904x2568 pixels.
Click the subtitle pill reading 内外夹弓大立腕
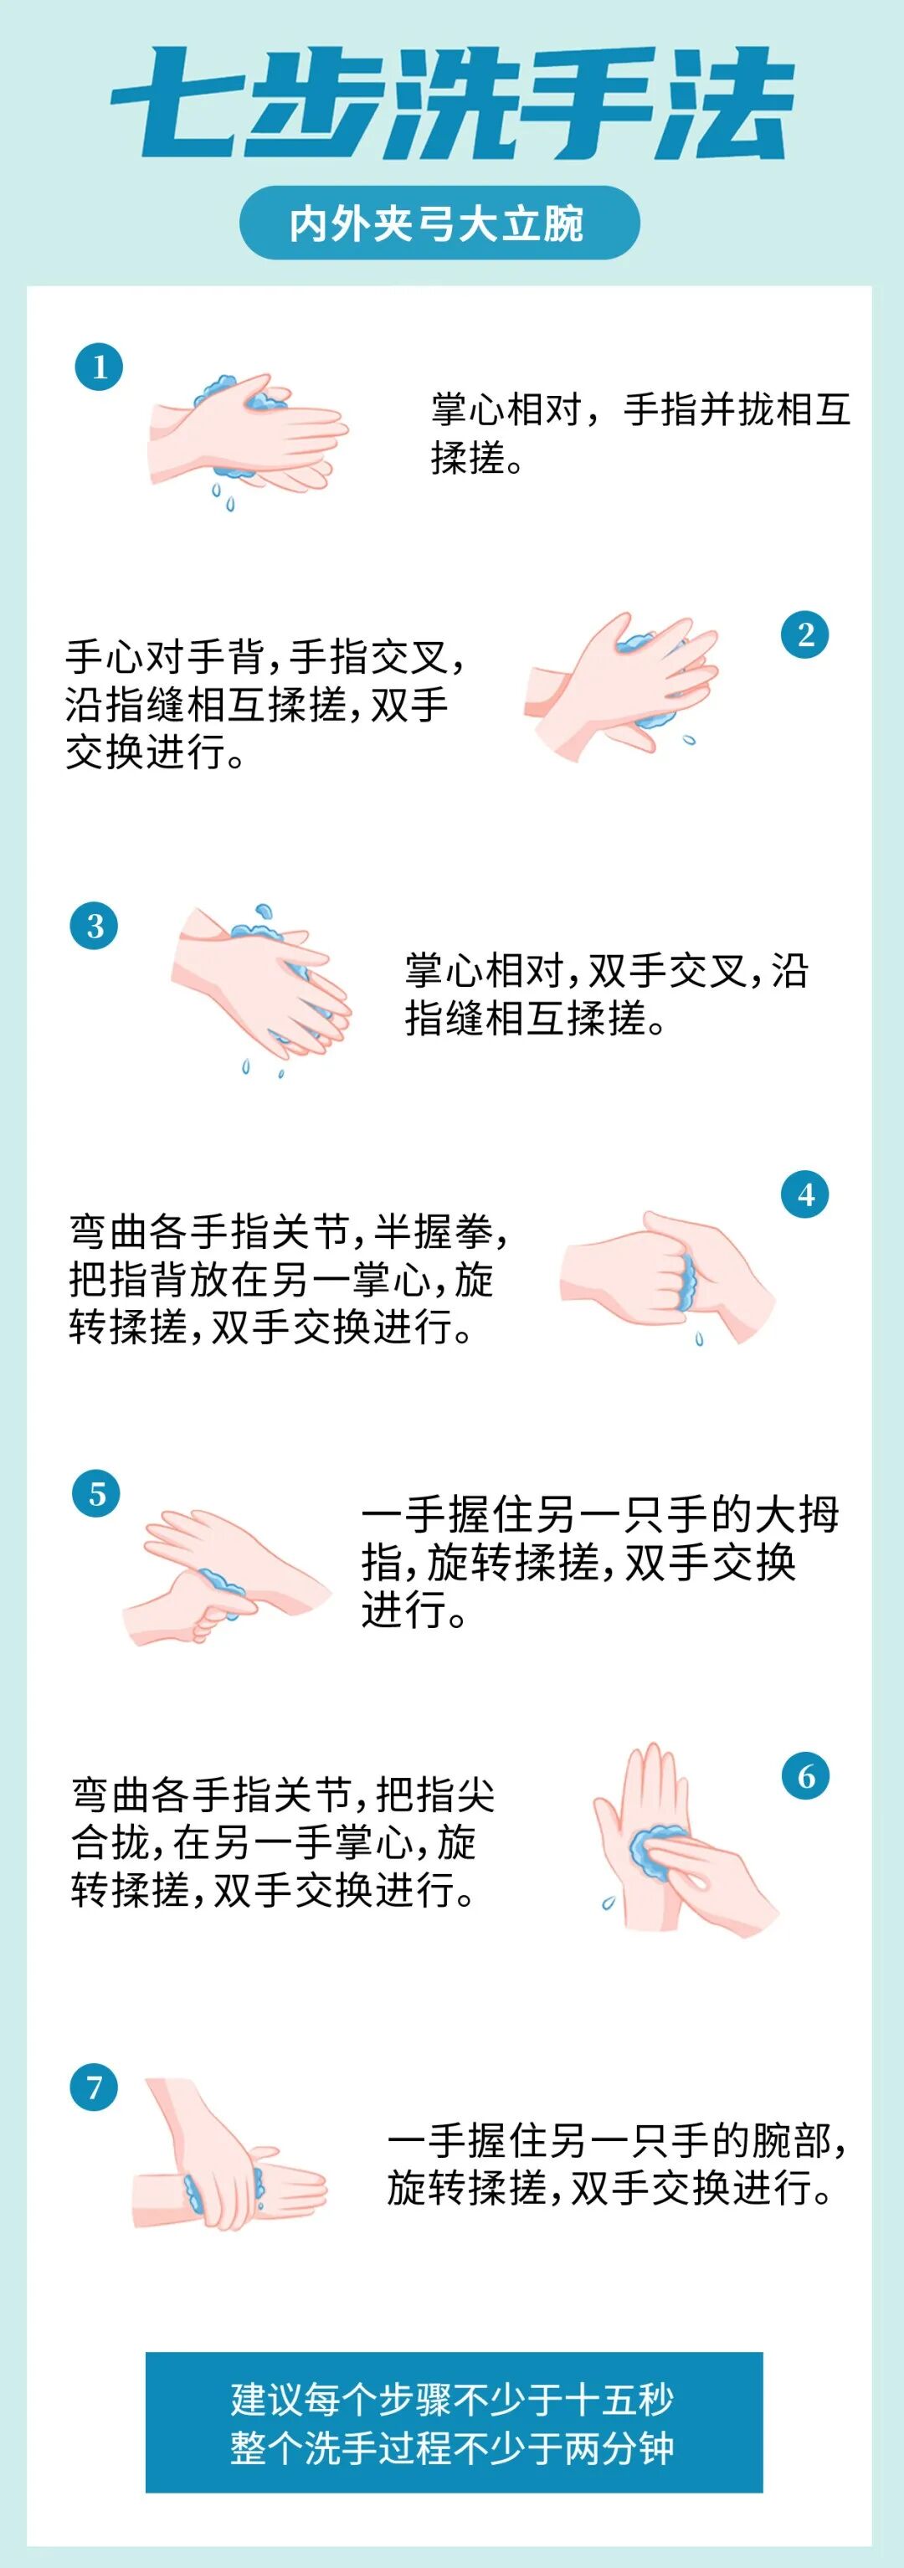(x=439, y=223)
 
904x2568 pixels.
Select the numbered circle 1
(x=99, y=367)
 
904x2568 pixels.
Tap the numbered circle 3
(x=95, y=926)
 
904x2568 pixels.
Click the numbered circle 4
(x=805, y=1194)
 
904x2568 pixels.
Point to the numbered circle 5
(x=97, y=1493)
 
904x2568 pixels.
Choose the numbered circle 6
(x=805, y=1775)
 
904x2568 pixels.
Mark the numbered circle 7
(x=95, y=2088)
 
